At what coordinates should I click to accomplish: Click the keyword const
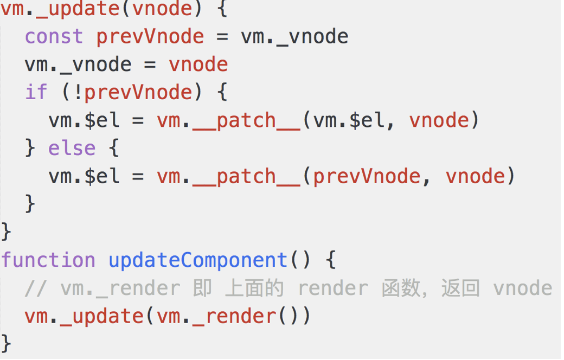coord(54,37)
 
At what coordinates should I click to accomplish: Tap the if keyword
coord(36,92)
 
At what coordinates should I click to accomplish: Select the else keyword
coord(72,148)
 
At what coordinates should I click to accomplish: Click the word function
coord(48,260)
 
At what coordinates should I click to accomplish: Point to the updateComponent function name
coord(198,260)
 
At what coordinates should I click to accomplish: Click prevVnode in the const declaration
coord(150,37)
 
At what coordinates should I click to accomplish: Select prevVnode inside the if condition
coord(138,92)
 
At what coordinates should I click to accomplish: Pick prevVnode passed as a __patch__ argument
coord(367,176)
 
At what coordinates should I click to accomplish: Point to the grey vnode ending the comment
coord(523,288)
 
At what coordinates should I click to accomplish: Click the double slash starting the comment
coord(36,288)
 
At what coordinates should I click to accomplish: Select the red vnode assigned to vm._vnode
coord(198,65)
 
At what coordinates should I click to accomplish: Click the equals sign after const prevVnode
coord(222,37)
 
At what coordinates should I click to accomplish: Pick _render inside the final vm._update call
coord(234,316)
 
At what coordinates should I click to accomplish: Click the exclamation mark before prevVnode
coord(78,92)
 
